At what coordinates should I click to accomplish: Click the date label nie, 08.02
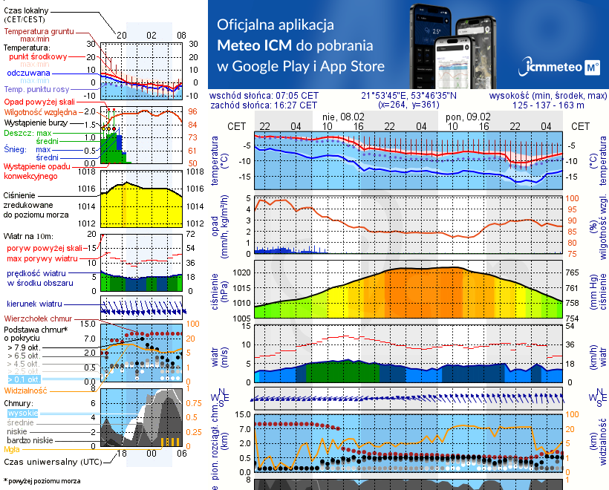[342, 117]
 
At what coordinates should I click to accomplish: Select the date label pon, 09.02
[466, 117]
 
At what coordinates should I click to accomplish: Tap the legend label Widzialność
[26, 390]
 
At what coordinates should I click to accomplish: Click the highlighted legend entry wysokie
[22, 413]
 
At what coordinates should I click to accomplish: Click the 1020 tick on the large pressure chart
[240, 272]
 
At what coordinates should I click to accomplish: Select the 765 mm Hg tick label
[573, 272]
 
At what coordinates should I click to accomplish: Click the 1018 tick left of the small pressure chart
[88, 171]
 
